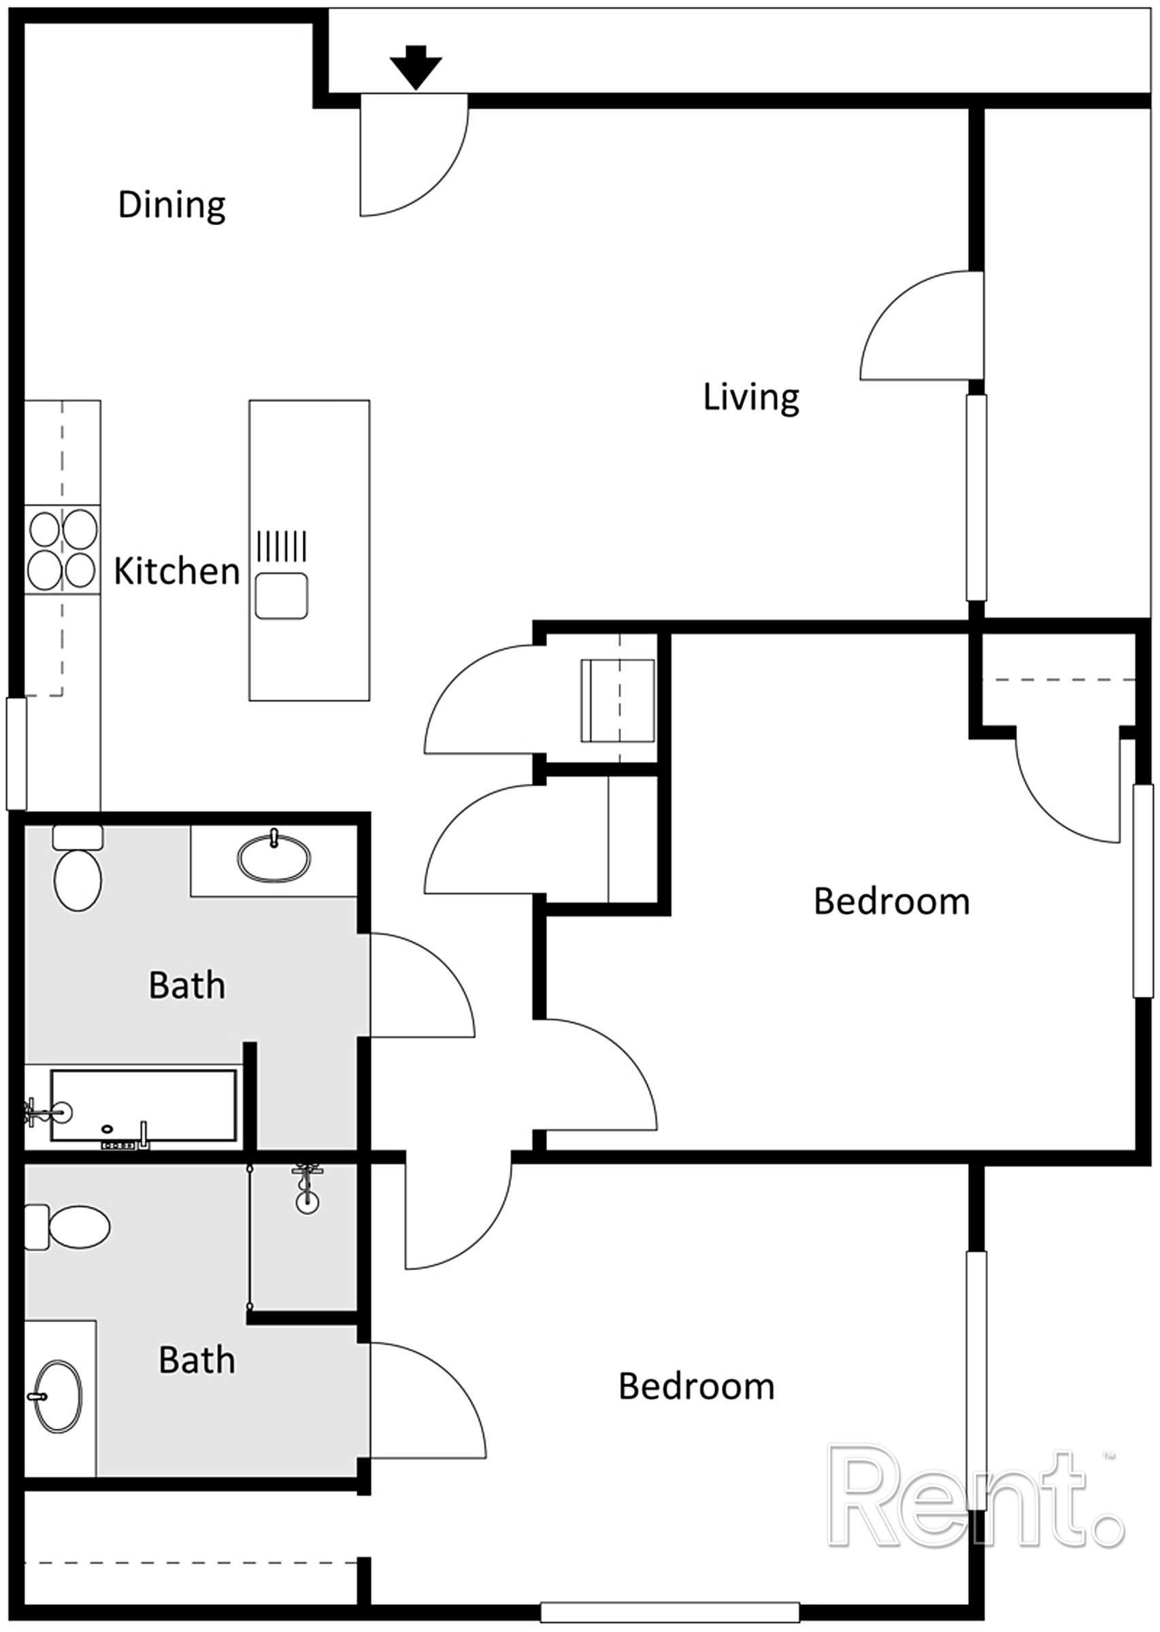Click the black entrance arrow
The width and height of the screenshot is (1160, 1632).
point(416,67)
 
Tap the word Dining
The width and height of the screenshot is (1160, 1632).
point(171,205)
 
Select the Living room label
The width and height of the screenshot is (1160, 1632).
point(750,398)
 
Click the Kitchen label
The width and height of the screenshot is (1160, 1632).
point(176,572)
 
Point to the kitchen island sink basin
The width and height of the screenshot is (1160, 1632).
point(282,596)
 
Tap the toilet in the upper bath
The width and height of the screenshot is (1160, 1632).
point(78,868)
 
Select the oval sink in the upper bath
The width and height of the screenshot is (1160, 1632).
point(274,858)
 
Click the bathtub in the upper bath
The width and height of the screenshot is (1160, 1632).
point(143,1104)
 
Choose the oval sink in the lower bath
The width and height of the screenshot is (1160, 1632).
point(59,1397)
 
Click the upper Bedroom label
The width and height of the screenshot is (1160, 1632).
point(891,902)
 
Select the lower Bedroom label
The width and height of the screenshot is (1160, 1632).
point(696,1387)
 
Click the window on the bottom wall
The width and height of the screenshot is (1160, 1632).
point(669,1612)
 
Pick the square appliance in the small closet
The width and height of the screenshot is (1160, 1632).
point(618,700)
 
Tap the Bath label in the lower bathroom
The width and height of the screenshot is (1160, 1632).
point(197,1360)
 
